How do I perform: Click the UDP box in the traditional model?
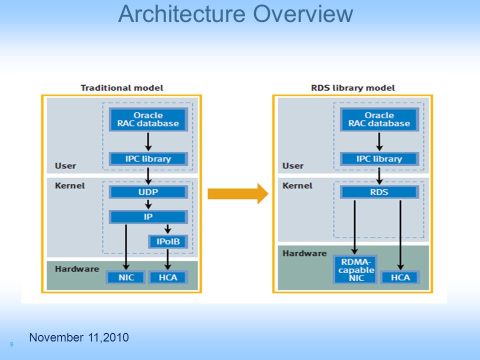[x=148, y=192]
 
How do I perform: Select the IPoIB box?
[x=168, y=241]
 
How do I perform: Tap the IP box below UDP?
[x=148, y=216]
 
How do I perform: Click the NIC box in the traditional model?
[x=126, y=277]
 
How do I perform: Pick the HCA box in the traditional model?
[x=168, y=277]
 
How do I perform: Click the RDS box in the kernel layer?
[x=379, y=192]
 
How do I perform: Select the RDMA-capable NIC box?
[x=355, y=269]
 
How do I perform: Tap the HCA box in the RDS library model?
[x=400, y=277]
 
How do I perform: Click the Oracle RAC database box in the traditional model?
[x=148, y=119]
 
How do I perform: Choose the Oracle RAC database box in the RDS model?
[x=379, y=119]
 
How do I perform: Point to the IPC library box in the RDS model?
[x=379, y=159]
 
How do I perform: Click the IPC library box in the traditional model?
[x=148, y=159]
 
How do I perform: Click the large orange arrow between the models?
[x=238, y=194]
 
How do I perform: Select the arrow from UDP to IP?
[x=148, y=204]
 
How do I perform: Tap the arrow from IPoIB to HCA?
[x=167, y=259]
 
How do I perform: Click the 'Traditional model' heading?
[x=122, y=88]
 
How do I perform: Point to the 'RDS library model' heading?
[x=353, y=88]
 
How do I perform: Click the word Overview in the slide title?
[x=303, y=14]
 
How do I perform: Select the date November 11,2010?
[x=79, y=337]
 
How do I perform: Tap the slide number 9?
[x=11, y=344]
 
